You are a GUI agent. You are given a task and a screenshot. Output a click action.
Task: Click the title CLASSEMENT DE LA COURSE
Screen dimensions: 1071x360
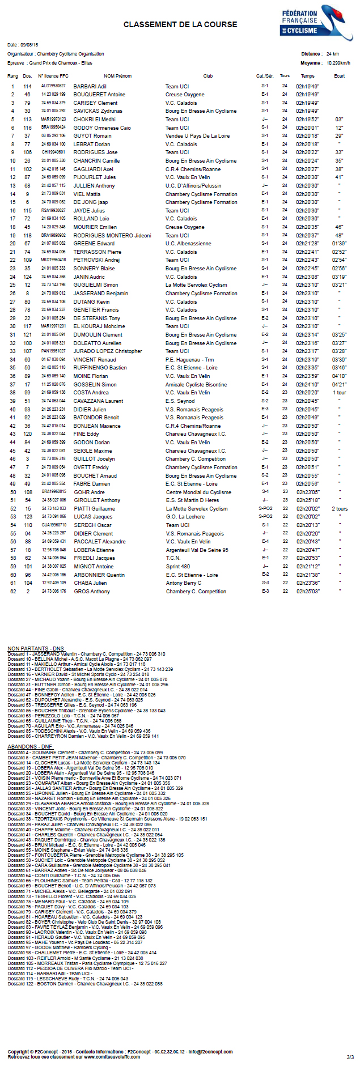(x=180, y=24)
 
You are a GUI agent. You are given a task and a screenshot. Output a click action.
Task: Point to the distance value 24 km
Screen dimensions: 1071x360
(x=333, y=54)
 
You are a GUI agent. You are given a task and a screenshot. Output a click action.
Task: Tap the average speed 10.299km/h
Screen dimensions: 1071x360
(x=338, y=63)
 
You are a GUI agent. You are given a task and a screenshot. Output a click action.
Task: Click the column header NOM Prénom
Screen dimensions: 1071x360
(x=117, y=76)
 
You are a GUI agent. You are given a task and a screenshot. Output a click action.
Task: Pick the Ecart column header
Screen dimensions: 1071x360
(x=339, y=76)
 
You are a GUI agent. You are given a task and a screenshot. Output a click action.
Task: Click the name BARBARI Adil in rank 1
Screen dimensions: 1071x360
(x=90, y=87)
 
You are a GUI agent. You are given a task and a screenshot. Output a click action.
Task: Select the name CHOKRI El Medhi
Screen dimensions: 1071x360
(x=94, y=120)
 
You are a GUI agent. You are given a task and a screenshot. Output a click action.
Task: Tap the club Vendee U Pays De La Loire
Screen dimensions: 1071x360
(x=197, y=136)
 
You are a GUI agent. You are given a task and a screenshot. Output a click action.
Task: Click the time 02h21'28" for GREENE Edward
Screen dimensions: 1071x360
(x=307, y=244)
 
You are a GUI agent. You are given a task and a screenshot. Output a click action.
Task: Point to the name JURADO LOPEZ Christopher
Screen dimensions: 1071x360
(x=108, y=351)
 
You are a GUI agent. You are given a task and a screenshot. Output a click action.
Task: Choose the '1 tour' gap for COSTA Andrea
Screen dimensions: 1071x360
(x=339, y=393)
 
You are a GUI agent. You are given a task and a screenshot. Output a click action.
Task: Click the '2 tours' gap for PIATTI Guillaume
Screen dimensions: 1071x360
(x=340, y=509)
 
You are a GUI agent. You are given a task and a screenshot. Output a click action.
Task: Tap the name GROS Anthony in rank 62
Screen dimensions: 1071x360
(x=92, y=592)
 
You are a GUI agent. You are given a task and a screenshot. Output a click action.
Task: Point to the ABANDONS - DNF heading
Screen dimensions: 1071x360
(x=30, y=747)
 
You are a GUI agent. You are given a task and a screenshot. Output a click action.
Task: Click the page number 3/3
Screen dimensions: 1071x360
(x=350, y=1057)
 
